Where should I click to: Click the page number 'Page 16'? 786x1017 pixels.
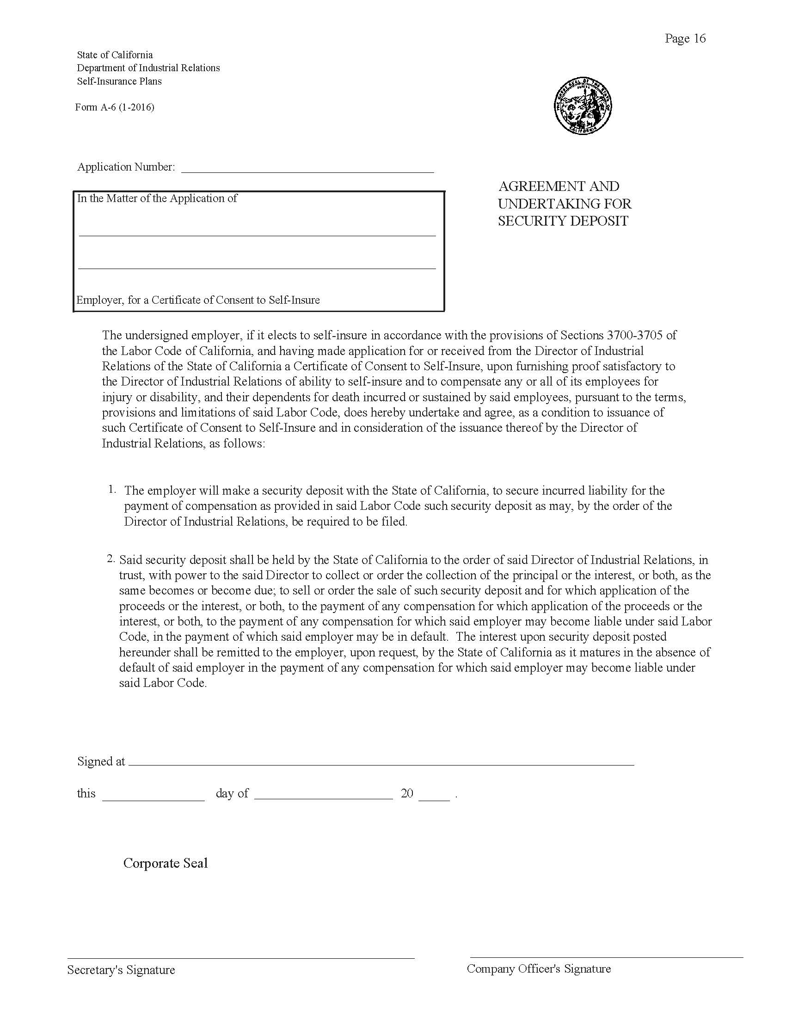[x=685, y=39]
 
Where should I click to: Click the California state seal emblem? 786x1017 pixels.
[x=583, y=107]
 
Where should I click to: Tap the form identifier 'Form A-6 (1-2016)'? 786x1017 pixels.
[x=115, y=108]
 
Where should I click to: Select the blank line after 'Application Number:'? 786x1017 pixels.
[x=307, y=169]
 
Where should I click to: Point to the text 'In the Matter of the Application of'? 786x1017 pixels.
[x=157, y=198]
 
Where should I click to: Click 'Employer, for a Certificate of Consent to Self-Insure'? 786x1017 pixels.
[x=198, y=300]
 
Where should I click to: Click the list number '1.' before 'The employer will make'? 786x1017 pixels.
[x=112, y=489]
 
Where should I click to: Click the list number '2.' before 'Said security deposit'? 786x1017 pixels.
[x=111, y=558]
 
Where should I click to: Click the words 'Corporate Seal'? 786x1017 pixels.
[x=166, y=864]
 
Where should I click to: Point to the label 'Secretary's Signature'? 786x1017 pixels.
[x=121, y=970]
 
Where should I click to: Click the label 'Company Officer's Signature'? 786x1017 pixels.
[x=539, y=969]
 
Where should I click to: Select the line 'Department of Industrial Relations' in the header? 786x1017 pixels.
[x=148, y=68]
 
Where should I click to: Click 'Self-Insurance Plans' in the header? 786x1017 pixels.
[x=119, y=81]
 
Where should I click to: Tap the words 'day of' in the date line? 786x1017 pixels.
[x=232, y=793]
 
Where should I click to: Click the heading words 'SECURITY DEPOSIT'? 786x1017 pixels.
[x=563, y=221]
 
